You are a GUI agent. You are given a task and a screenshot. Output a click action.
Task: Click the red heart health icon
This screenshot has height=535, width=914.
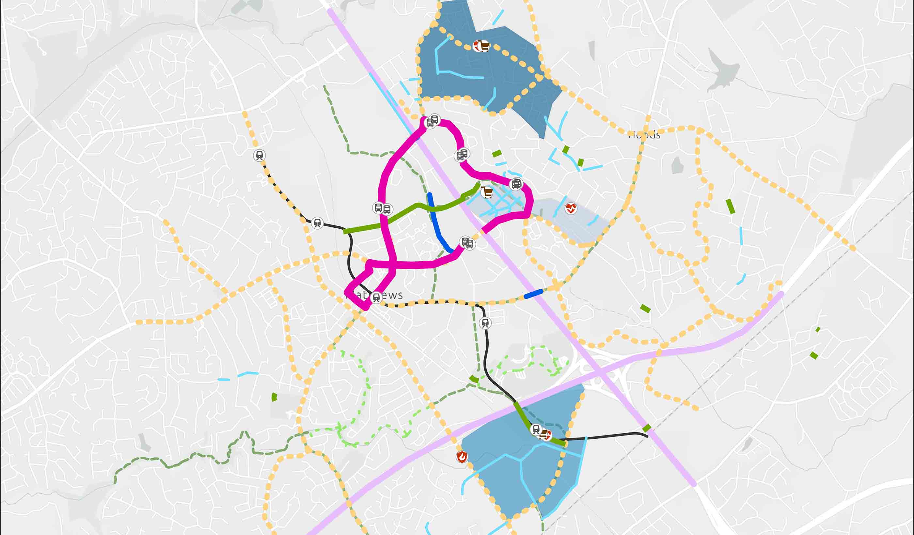click(571, 208)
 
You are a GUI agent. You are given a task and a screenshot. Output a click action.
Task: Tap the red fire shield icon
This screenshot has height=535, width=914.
click(462, 457)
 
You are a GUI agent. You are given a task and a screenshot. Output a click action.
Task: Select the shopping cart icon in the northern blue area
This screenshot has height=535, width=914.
click(481, 46)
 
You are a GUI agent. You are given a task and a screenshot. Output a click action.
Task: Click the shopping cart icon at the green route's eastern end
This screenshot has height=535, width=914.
click(486, 192)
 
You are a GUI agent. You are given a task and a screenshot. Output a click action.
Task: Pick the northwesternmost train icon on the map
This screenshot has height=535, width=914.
click(259, 156)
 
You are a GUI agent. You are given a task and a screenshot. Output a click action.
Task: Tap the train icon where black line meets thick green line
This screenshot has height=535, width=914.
click(317, 222)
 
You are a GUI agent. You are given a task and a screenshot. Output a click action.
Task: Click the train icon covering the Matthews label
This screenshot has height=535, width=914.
click(376, 298)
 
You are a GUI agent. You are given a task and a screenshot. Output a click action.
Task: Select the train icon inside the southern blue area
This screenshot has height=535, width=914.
click(536, 430)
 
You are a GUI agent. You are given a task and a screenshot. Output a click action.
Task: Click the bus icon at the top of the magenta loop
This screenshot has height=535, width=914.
click(432, 121)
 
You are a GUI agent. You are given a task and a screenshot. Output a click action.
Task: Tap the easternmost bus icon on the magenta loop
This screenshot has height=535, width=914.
click(516, 184)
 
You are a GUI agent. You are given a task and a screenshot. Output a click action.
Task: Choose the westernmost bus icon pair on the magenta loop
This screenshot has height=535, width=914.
click(382, 208)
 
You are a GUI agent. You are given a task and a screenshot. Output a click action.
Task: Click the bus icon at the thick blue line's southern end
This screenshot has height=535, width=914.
click(466, 242)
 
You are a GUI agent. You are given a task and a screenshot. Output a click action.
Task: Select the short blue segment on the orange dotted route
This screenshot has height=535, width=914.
click(533, 294)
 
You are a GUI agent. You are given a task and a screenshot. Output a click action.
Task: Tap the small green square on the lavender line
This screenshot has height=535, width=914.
click(646, 428)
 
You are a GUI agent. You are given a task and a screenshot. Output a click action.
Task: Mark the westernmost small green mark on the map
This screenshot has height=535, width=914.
click(274, 397)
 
